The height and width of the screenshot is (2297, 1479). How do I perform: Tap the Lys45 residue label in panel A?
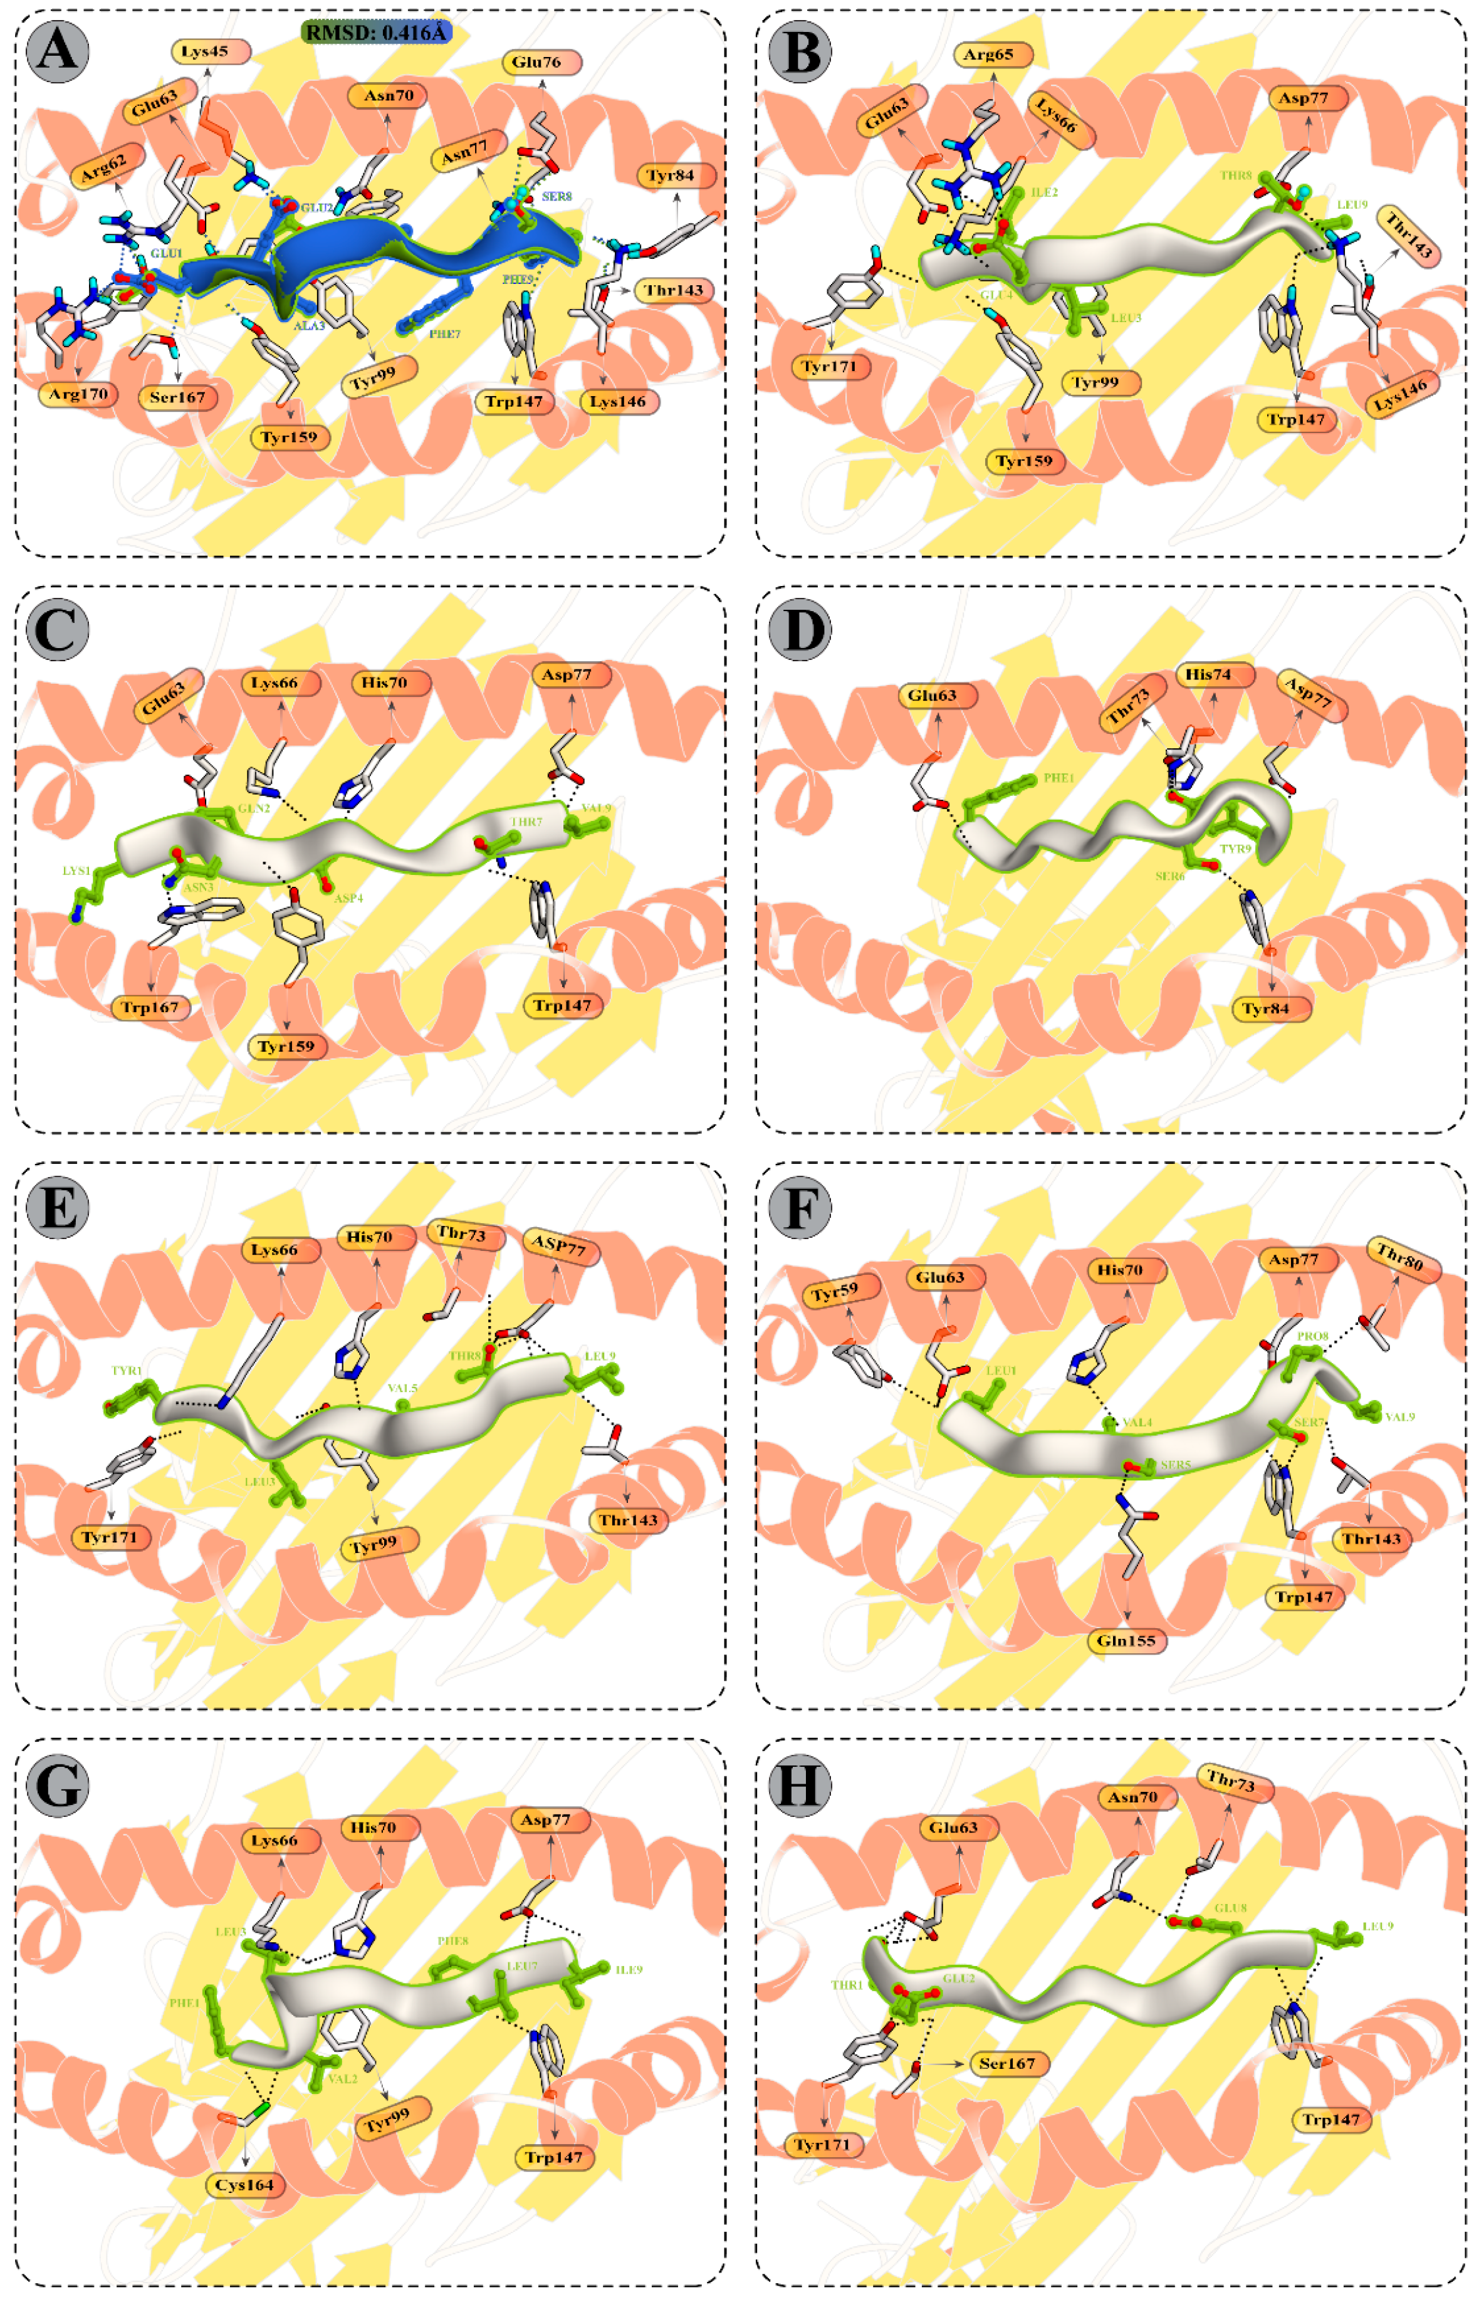tap(211, 51)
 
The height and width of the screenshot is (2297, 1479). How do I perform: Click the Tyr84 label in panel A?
tap(677, 175)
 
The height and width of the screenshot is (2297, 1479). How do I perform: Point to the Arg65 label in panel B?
tap(993, 55)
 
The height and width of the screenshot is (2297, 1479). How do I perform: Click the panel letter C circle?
tap(58, 630)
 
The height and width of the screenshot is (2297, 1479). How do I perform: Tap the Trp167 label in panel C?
tap(150, 1007)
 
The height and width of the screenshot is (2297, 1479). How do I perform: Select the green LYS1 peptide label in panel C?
tap(76, 871)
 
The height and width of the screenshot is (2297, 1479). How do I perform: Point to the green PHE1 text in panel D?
tap(1058, 778)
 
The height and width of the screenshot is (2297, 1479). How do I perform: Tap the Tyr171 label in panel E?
tap(110, 1537)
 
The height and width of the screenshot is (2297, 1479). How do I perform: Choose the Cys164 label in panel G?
tap(244, 2185)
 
